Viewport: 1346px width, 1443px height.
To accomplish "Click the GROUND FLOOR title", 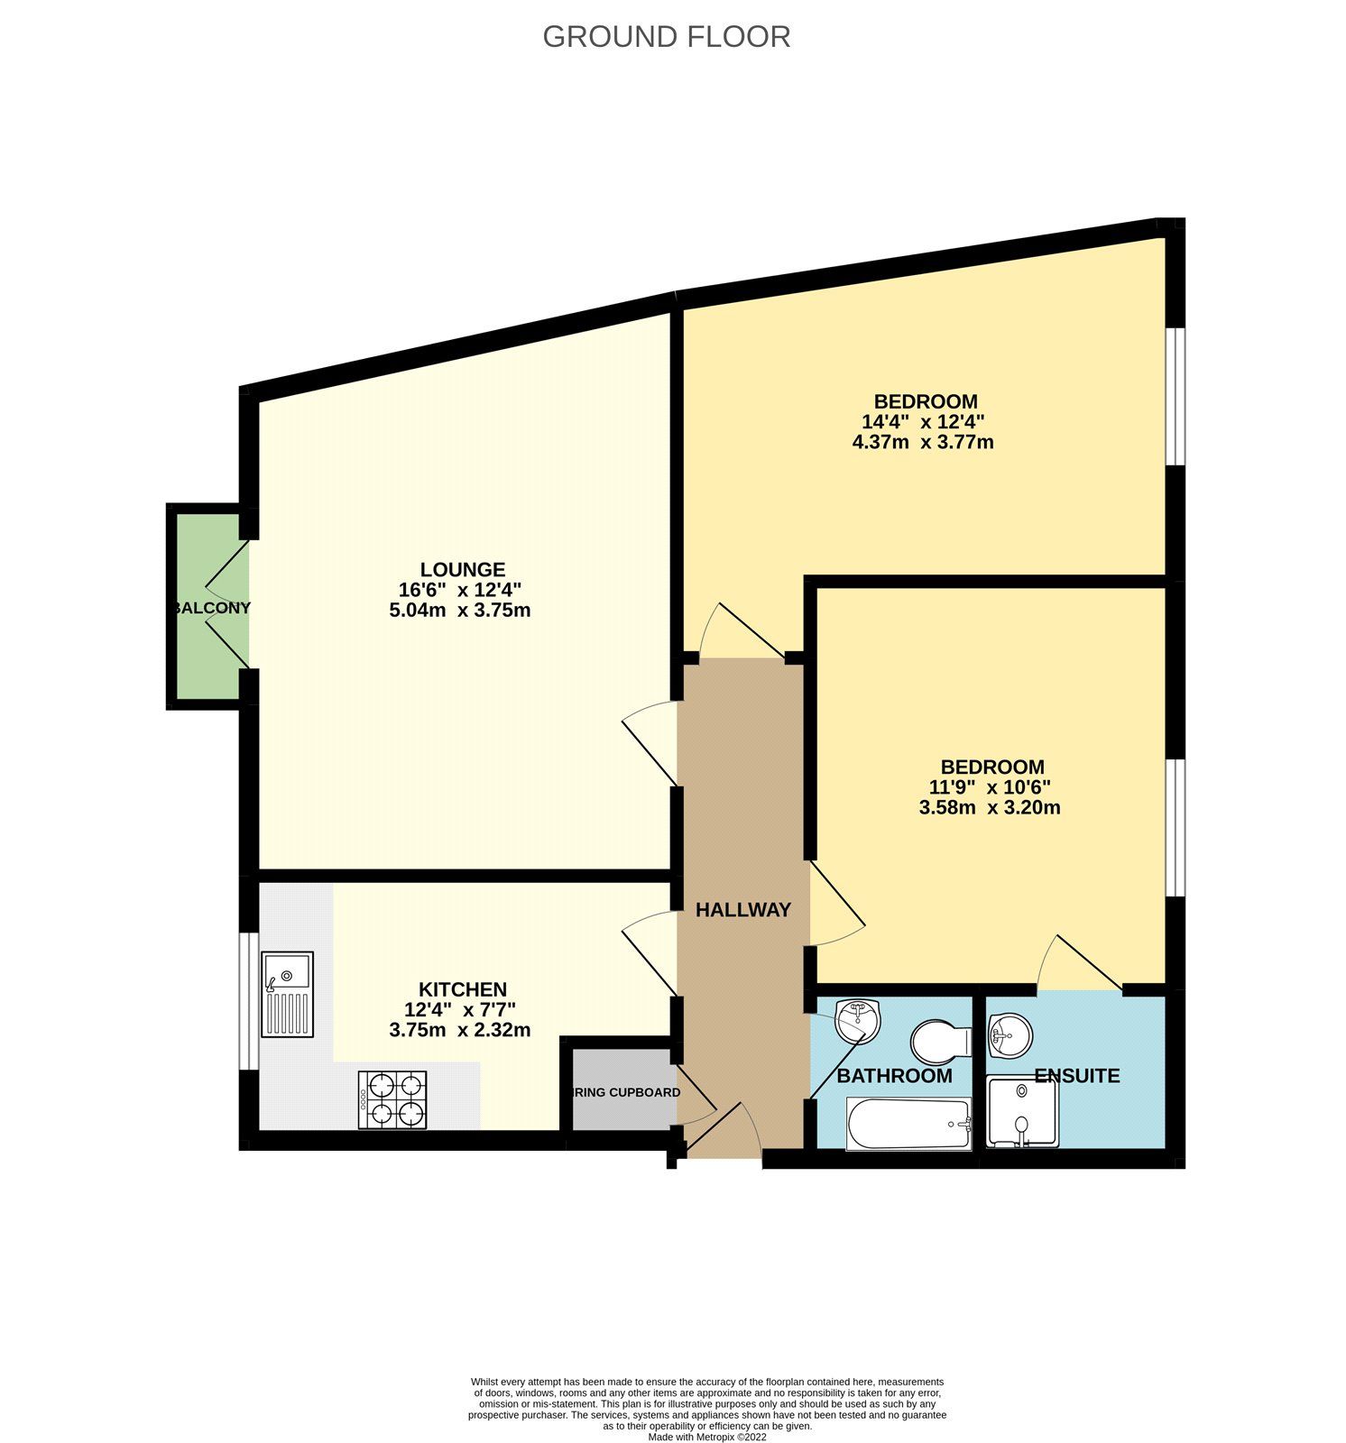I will (666, 37).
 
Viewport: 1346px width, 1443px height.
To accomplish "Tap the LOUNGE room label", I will (463, 570).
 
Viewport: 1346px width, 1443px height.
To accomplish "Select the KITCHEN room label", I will (462, 989).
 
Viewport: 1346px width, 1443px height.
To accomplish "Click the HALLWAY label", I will (743, 910).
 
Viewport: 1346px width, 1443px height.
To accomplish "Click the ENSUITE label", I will (1076, 1076).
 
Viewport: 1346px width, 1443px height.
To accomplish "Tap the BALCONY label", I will (211, 608).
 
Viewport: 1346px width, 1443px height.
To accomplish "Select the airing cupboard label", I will (626, 1092).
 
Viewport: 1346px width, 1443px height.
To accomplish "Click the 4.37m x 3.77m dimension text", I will (923, 443).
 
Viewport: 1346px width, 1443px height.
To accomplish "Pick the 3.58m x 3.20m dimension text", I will (990, 808).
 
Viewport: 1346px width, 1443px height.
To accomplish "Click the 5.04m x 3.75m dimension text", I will (459, 611).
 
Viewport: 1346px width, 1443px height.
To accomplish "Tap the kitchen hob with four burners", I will (392, 1099).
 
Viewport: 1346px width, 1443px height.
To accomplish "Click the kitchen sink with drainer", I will (287, 994).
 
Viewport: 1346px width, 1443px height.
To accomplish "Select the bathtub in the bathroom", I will (908, 1124).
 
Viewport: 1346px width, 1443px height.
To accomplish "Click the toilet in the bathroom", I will (941, 1042).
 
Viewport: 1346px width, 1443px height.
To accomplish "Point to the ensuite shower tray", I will (1021, 1113).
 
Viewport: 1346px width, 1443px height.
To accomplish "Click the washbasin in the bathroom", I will (857, 1020).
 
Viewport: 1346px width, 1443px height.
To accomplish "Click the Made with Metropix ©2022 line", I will (707, 1437).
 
